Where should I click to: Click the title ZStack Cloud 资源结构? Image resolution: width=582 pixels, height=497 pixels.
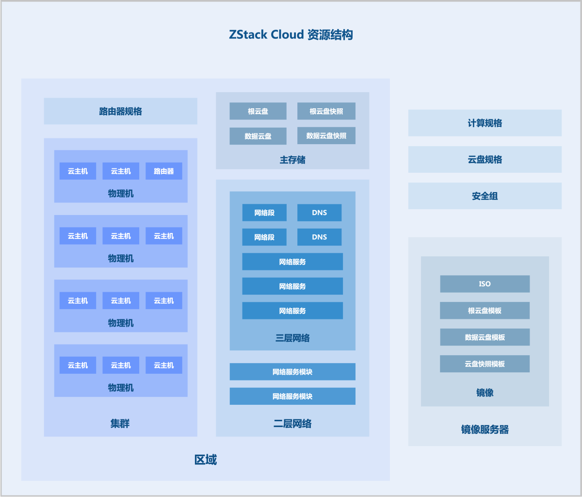291,35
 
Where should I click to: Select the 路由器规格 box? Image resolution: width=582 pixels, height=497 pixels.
120,111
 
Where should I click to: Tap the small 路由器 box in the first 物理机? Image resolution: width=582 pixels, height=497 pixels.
164,171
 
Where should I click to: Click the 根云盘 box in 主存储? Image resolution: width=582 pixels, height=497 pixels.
258,111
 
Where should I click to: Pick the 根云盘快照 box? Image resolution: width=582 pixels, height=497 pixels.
326,111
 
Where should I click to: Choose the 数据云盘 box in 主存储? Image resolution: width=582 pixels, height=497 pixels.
258,136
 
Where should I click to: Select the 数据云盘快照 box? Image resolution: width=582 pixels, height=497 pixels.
326,136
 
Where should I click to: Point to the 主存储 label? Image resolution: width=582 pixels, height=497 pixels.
292,160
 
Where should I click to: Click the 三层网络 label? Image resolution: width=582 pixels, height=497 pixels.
292,338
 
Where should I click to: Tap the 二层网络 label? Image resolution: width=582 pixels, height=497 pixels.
292,424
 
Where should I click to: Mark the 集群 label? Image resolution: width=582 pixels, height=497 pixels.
120,424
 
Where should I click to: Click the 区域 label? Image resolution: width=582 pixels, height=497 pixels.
206,460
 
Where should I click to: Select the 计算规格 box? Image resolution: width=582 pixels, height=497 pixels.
485,123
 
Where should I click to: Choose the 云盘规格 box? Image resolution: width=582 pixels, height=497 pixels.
485,159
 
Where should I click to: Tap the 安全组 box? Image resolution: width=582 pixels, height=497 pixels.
485,196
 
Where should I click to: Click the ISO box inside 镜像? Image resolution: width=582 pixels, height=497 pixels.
485,284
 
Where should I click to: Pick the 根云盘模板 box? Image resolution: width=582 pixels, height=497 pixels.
485,311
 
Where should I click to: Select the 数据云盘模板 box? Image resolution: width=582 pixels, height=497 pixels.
485,337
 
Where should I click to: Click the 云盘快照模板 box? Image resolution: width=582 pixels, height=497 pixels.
485,364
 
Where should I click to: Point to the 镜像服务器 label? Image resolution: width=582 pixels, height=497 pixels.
485,430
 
